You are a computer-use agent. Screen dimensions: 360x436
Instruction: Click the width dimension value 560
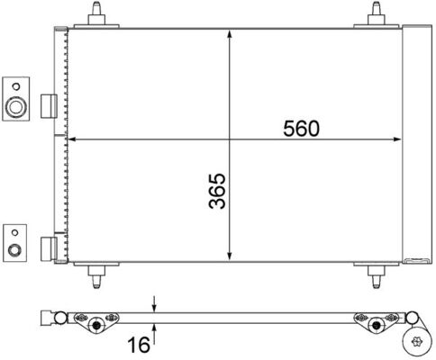click(x=301, y=128)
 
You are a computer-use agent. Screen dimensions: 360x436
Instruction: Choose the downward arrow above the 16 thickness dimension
click(x=155, y=304)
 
